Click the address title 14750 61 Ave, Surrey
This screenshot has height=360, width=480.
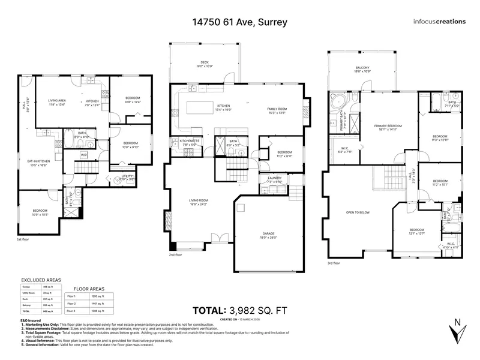point(240,22)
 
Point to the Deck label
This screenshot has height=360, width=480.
point(205,63)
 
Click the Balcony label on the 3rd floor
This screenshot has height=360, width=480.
point(362,70)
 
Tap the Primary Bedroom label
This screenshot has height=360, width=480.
point(388,127)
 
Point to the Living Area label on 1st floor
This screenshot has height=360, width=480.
point(57,102)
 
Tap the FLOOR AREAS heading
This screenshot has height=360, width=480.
point(89,289)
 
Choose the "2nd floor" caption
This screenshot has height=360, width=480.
point(178,254)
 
